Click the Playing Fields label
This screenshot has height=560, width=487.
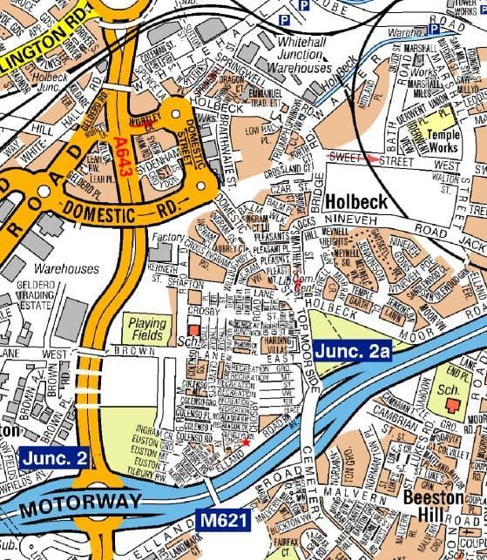point(147,328)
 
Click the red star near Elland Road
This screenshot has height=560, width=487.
point(245,443)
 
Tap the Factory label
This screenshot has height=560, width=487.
point(167,237)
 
